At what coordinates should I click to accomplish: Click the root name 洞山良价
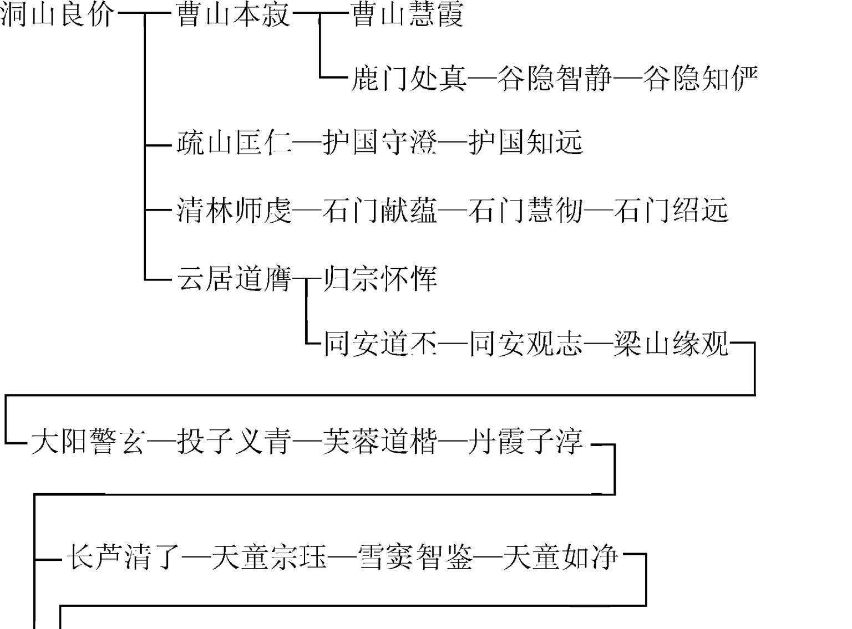(58, 14)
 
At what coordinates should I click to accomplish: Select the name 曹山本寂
(233, 14)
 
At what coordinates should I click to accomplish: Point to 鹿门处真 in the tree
(409, 78)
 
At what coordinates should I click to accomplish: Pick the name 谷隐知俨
(701, 78)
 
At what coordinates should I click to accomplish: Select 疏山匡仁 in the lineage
(233, 142)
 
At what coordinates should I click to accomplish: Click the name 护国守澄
(379, 142)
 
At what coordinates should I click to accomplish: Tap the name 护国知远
(526, 142)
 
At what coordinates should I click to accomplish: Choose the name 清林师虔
(233, 211)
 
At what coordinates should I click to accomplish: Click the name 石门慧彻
(526, 211)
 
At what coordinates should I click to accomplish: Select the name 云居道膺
(233, 278)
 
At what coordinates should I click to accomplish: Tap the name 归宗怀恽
(381, 278)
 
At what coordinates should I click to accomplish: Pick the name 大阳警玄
(88, 443)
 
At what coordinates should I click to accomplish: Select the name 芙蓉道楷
(379, 443)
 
